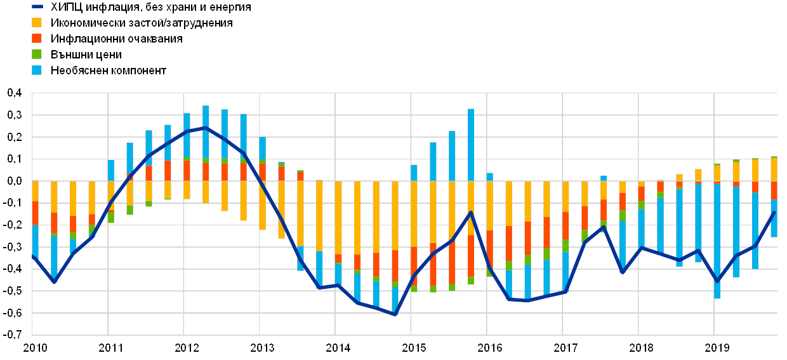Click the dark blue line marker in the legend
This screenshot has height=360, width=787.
click(x=37, y=8)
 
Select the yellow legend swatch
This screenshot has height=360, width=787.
click(x=37, y=23)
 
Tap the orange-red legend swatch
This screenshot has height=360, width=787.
click(x=37, y=39)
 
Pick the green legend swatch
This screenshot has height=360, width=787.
click(x=37, y=54)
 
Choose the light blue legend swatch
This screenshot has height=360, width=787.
click(x=37, y=70)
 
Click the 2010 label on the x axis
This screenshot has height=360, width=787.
click(x=35, y=348)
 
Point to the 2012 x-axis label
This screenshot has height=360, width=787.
click(x=187, y=348)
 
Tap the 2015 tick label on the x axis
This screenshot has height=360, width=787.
click(x=414, y=348)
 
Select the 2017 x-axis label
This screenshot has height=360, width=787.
click(x=565, y=348)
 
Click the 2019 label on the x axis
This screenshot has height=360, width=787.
click(x=717, y=348)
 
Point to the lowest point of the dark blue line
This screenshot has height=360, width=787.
click(x=395, y=314)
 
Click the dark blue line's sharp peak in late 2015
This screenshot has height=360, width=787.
click(x=471, y=212)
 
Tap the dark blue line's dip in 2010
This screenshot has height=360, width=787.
click(x=54, y=281)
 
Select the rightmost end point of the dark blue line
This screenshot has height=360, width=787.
click(x=774, y=212)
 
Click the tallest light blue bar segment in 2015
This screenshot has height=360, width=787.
click(x=471, y=145)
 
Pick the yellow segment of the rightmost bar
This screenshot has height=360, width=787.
click(x=774, y=170)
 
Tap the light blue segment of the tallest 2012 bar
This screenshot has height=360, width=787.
click(x=206, y=132)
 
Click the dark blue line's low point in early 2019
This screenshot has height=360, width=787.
click(x=717, y=281)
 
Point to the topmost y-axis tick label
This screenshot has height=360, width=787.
click(x=14, y=93)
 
